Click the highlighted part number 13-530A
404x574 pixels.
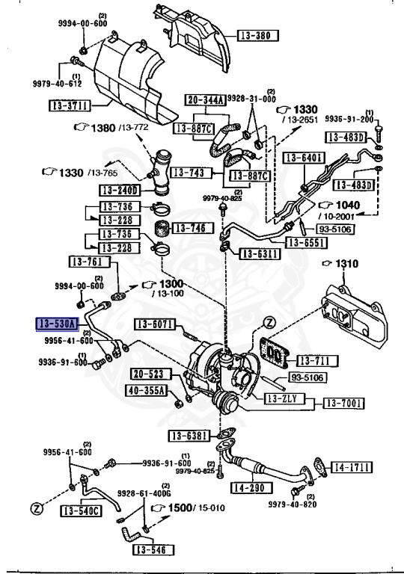[57, 324]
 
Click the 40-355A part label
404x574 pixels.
[148, 389]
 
